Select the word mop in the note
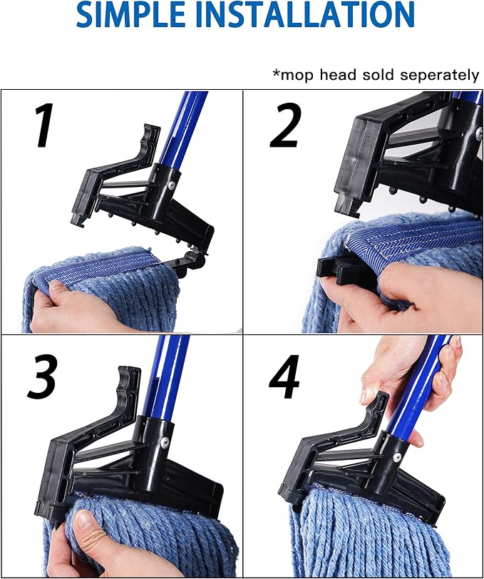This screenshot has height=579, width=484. [x=294, y=74]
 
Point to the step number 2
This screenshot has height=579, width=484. [x=287, y=126]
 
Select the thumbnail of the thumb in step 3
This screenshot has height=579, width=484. [x=84, y=520]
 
